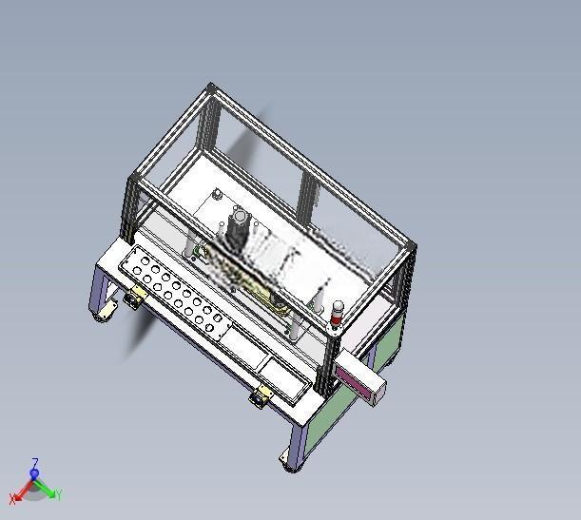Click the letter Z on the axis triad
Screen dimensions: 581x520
click(x=35, y=463)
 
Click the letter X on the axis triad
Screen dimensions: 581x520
click(x=12, y=499)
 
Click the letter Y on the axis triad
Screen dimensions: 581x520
click(x=59, y=494)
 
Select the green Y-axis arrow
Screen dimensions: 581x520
click(x=46, y=487)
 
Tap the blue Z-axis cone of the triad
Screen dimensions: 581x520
click(x=34, y=473)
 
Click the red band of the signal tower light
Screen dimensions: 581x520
click(x=337, y=318)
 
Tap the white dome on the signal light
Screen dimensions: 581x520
click(x=338, y=307)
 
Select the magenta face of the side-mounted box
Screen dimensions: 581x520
click(x=353, y=381)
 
